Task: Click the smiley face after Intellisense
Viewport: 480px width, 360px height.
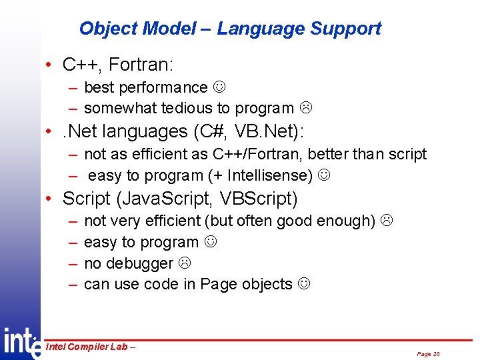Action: (x=323, y=176)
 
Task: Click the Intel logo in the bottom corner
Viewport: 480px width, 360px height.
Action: (x=20, y=342)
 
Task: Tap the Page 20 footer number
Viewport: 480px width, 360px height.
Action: (x=428, y=354)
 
